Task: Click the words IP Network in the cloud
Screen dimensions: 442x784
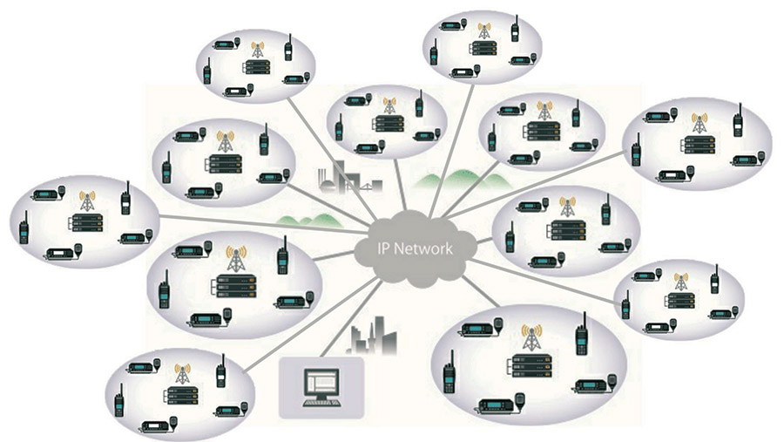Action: (414, 248)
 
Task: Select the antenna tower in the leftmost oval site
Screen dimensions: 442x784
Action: (87, 201)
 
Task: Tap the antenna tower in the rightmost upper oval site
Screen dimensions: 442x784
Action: (696, 121)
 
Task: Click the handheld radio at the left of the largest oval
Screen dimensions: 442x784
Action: (449, 375)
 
